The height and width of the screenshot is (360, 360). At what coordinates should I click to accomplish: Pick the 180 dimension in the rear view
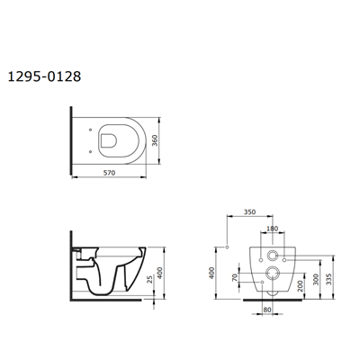272,229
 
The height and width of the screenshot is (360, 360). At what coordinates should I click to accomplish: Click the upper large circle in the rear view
272,256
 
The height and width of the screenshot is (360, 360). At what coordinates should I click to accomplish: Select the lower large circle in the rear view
272,275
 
